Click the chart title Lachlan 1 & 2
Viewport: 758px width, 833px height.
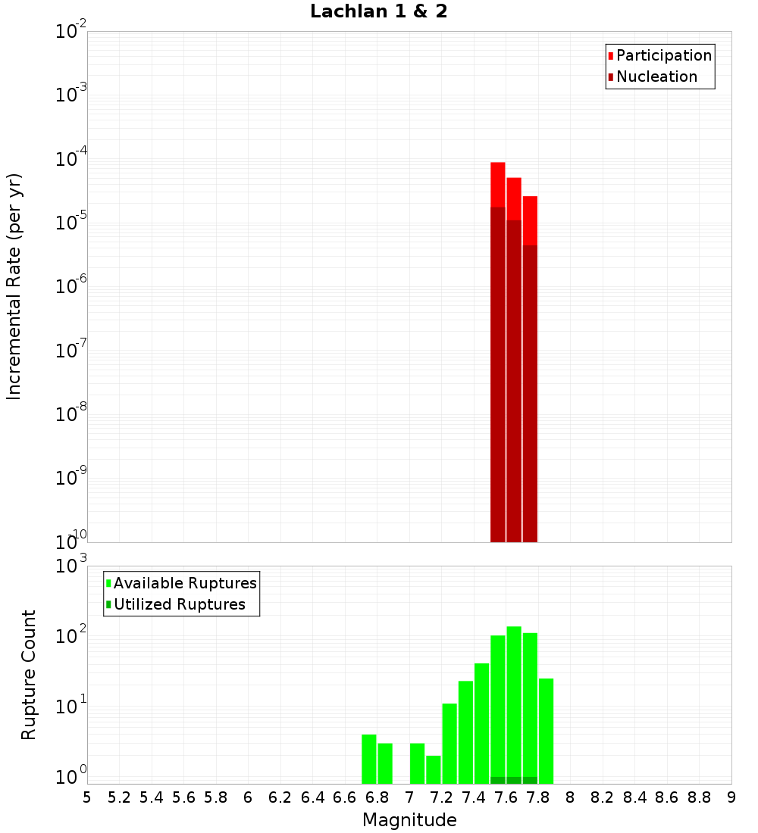[378, 12]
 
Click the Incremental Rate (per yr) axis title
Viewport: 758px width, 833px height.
[14, 286]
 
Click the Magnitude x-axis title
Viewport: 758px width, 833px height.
[409, 820]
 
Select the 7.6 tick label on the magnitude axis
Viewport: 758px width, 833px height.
[506, 797]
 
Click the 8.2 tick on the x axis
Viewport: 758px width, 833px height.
[603, 797]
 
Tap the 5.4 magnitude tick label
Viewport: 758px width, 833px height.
[152, 797]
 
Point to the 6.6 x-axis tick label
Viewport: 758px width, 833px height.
[345, 797]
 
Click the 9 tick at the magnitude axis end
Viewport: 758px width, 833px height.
[731, 797]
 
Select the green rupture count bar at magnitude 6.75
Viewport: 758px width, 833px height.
[369, 759]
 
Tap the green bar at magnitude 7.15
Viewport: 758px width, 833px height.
[434, 769]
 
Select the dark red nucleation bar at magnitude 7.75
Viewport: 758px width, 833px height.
[530, 394]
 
